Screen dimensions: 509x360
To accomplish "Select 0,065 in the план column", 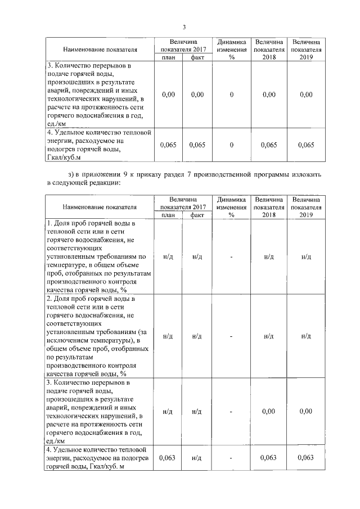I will click(168, 145).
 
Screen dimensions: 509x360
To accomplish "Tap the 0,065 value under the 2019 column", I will click(305, 145).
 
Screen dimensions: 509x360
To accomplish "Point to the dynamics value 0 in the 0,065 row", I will click(231, 145).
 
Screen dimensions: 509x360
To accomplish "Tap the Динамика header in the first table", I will click(231, 42).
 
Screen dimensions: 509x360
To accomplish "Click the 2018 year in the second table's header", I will click(269, 214).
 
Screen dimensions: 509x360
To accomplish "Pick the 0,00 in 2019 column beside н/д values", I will click(305, 412).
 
